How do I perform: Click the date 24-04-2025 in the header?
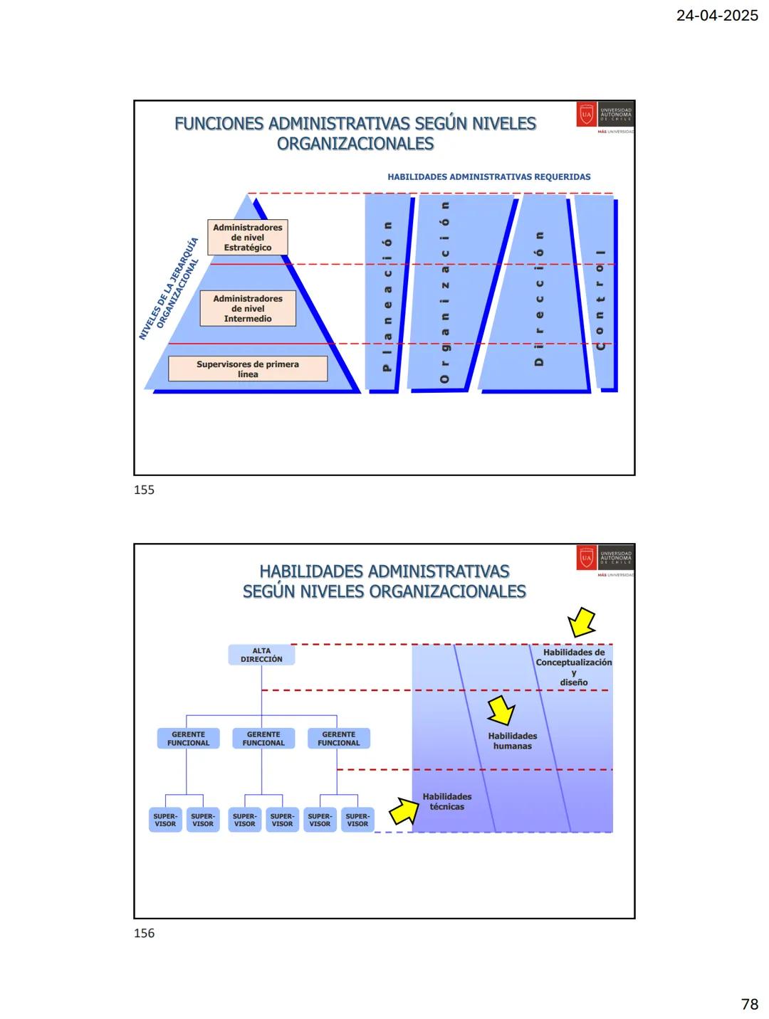coord(716,16)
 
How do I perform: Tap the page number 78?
coord(749,1004)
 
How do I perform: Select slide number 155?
coord(144,490)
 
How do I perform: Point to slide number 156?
coord(144,933)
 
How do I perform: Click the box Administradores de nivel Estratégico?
coord(248,238)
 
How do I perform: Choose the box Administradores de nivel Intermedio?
coord(248,309)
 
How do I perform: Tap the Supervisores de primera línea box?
coord(248,369)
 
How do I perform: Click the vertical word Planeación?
coord(387,296)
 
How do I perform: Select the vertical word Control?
coord(600,299)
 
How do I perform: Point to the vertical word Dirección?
coord(539,299)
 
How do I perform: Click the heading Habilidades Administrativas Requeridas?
coord(488,177)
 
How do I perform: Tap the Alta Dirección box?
coord(261,655)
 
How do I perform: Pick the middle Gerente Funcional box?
coord(263,739)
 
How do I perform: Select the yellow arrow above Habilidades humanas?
coord(501,710)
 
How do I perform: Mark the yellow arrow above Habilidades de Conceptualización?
coord(582,622)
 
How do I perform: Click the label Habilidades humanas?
coord(513,741)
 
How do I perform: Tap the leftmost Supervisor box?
coord(165,820)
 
